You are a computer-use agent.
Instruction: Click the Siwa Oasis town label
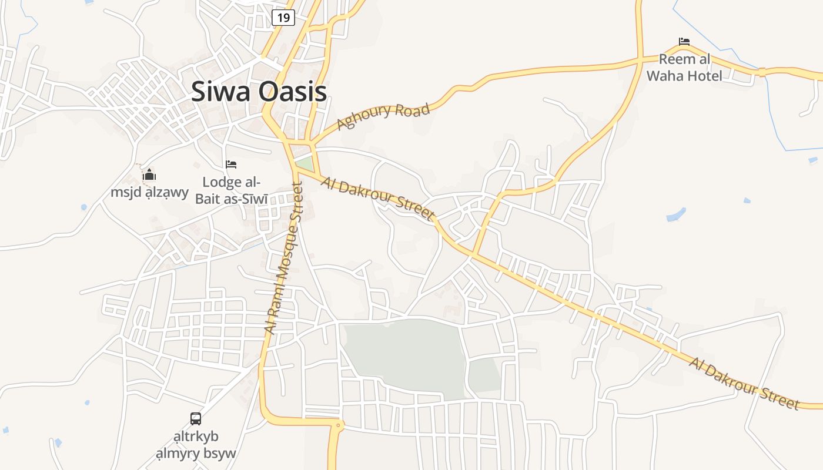pyautogui.click(x=259, y=92)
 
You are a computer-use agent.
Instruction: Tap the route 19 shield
pyautogui.click(x=283, y=18)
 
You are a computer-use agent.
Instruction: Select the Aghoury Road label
pyautogui.click(x=383, y=116)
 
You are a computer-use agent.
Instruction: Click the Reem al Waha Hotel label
pyautogui.click(x=684, y=68)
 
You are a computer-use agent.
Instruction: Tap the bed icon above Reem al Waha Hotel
pyautogui.click(x=684, y=42)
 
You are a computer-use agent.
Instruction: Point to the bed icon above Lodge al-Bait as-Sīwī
pyautogui.click(x=231, y=164)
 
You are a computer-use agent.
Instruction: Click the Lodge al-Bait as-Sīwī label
pyautogui.click(x=231, y=190)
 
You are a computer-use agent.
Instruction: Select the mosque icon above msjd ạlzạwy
pyautogui.click(x=149, y=174)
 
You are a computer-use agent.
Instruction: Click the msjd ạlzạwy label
pyautogui.click(x=149, y=192)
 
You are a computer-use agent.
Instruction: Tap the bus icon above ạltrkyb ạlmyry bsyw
pyautogui.click(x=196, y=419)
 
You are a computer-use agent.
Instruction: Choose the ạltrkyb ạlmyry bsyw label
pyautogui.click(x=196, y=445)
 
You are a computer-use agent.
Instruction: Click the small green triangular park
pyautogui.click(x=305, y=163)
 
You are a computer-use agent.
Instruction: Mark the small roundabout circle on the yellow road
pyautogui.click(x=338, y=425)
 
